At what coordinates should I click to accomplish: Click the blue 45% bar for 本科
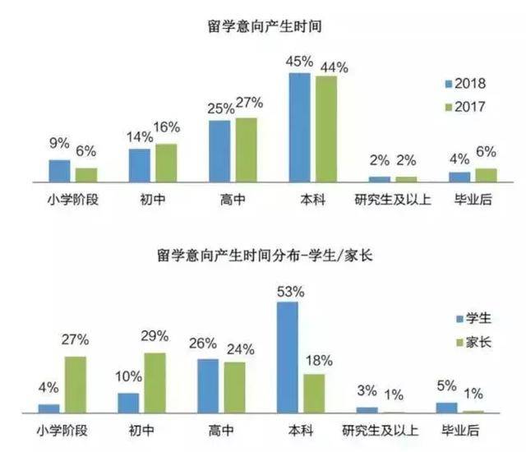click(299, 127)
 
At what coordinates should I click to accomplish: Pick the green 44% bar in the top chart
click(325, 128)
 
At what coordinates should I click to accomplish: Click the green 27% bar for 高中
click(246, 149)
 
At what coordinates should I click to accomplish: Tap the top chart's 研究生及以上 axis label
click(385, 199)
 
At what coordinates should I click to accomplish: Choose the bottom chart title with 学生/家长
click(264, 256)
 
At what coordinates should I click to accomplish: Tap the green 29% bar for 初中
click(155, 382)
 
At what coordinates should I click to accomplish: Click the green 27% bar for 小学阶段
click(76, 384)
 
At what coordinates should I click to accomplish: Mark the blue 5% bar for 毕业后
click(446, 407)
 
